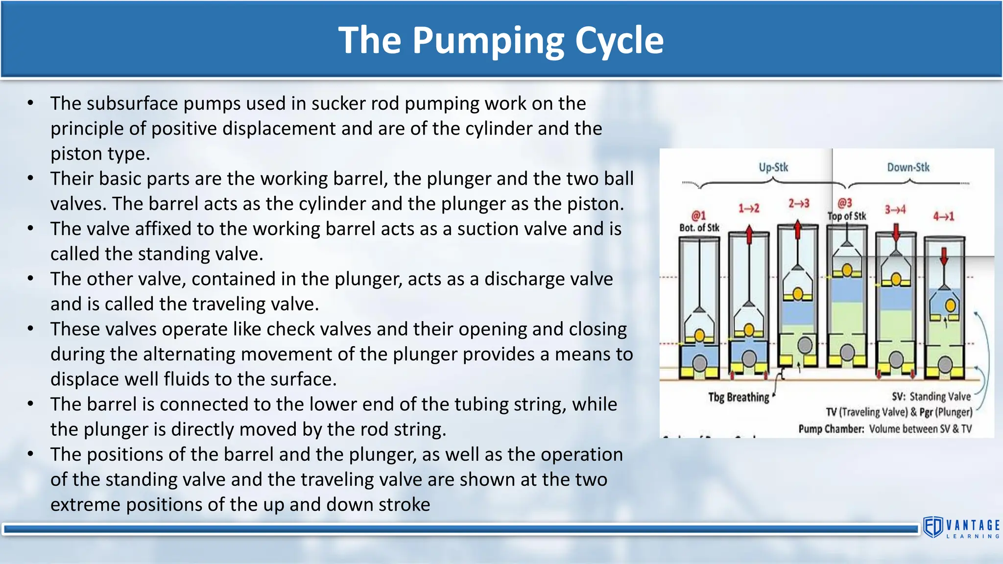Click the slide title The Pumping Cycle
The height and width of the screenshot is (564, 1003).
[501, 40]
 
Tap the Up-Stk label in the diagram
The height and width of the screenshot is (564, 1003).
[773, 167]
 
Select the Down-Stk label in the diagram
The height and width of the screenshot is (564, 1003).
[908, 167]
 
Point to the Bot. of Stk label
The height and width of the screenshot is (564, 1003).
[699, 228]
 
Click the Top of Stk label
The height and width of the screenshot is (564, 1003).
[847, 216]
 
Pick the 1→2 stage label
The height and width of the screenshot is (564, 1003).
[749, 209]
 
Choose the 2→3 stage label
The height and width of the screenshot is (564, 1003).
[799, 203]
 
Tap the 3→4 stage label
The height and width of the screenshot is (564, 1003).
[895, 210]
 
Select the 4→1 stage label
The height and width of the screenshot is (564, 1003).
[944, 216]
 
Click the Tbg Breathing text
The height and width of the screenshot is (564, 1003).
[739, 397]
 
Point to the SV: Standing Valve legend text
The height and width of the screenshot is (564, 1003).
[931, 397]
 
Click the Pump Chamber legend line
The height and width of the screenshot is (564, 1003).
[885, 429]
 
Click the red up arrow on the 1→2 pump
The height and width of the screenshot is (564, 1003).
[749, 235]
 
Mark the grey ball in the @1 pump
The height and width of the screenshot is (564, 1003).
[699, 363]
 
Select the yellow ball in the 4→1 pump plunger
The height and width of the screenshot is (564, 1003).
[951, 305]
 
